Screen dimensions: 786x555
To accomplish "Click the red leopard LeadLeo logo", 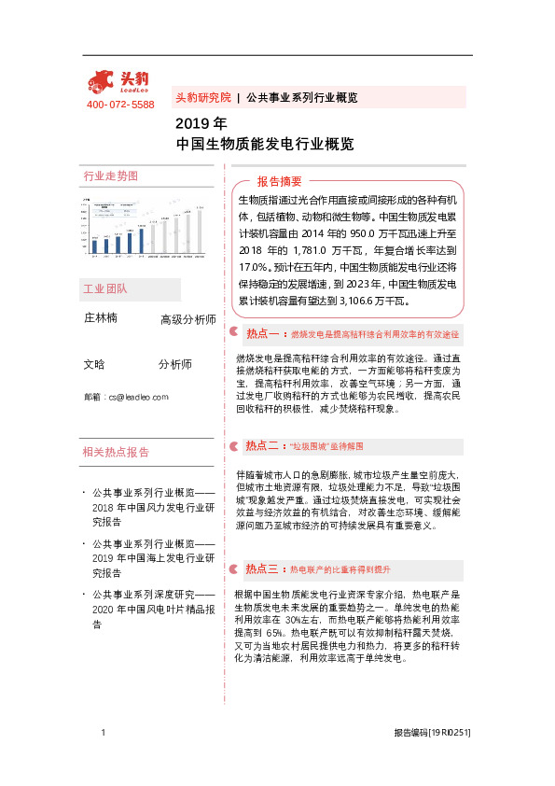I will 119,82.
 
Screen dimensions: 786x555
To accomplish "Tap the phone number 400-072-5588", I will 120,105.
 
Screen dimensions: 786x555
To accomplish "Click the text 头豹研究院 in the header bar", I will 203,97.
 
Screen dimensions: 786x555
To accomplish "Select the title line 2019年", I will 201,123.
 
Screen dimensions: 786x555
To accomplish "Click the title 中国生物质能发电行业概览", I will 265,145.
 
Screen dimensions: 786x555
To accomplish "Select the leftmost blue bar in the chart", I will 94,249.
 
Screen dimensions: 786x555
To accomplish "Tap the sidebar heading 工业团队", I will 105,288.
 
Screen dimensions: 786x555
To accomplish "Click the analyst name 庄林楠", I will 101,318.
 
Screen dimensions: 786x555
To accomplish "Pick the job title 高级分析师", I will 187,319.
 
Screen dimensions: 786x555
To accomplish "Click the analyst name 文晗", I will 94,364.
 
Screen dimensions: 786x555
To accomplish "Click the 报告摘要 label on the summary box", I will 280,181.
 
